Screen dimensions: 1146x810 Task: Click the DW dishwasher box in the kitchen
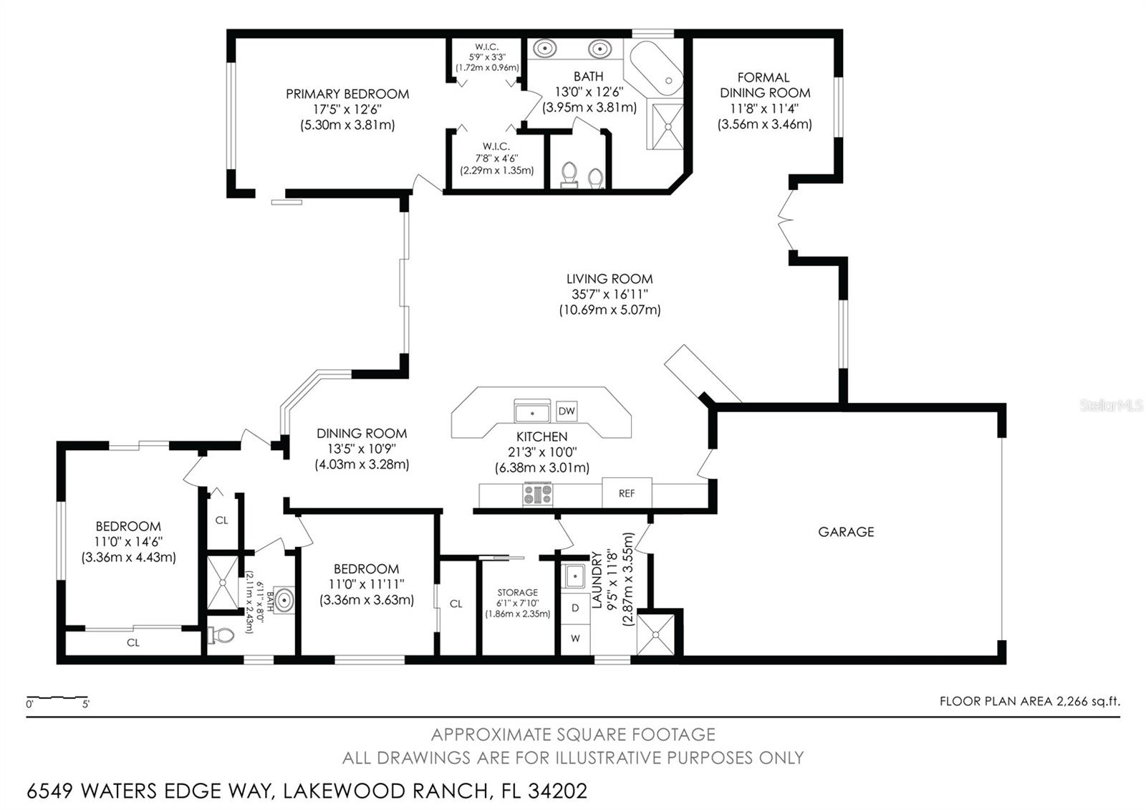pyautogui.click(x=567, y=411)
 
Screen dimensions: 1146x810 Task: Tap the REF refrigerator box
pyautogui.click(x=627, y=493)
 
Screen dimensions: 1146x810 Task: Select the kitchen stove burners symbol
pyautogui.click(x=537, y=495)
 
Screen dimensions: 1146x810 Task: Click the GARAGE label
pyautogui.click(x=846, y=532)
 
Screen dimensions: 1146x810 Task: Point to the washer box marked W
pyautogui.click(x=576, y=639)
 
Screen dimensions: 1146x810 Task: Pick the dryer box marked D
pyautogui.click(x=576, y=609)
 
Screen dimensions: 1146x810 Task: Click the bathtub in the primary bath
pyautogui.click(x=657, y=69)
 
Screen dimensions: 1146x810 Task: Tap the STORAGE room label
pyautogui.click(x=518, y=592)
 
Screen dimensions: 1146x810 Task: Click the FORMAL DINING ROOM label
pyautogui.click(x=765, y=85)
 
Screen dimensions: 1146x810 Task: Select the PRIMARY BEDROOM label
pyautogui.click(x=347, y=94)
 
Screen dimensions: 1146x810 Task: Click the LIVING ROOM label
pyautogui.click(x=610, y=279)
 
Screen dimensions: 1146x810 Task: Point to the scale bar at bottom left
pyautogui.click(x=58, y=697)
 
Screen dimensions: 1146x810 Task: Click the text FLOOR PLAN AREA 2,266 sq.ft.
pyautogui.click(x=1030, y=702)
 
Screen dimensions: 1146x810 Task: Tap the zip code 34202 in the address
pyautogui.click(x=558, y=791)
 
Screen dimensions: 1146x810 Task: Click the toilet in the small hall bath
pyautogui.click(x=221, y=636)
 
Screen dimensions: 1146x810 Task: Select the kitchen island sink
pyautogui.click(x=532, y=411)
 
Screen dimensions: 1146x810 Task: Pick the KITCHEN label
pyautogui.click(x=541, y=437)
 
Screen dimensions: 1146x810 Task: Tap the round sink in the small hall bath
pyautogui.click(x=284, y=600)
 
